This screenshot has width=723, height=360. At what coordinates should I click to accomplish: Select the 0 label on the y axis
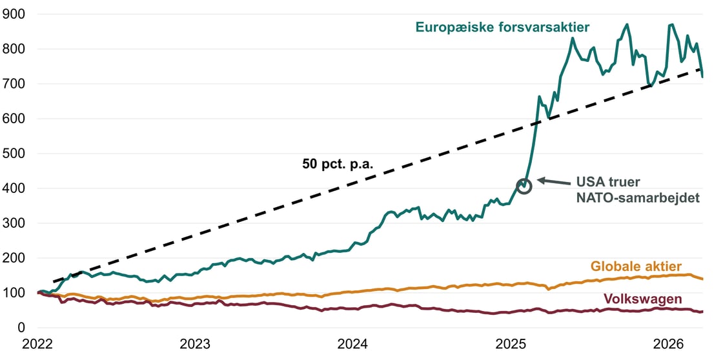click(x=21, y=328)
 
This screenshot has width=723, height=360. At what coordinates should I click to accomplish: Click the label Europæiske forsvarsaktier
click(x=504, y=27)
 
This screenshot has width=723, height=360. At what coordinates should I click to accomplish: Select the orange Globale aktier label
click(x=636, y=266)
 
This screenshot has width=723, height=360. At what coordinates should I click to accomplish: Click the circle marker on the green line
click(x=524, y=186)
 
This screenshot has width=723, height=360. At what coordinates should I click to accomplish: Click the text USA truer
click(x=604, y=182)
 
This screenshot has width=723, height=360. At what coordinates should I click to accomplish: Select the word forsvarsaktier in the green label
click(x=548, y=27)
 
